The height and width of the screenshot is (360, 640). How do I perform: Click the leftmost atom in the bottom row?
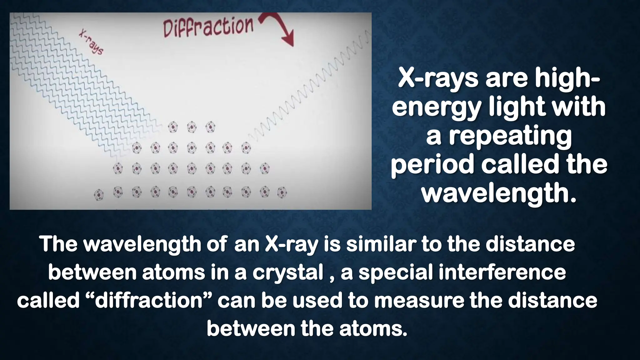point(99,194)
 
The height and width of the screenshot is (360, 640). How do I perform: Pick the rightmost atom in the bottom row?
point(282,192)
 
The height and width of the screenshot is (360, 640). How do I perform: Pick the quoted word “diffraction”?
point(149,301)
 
